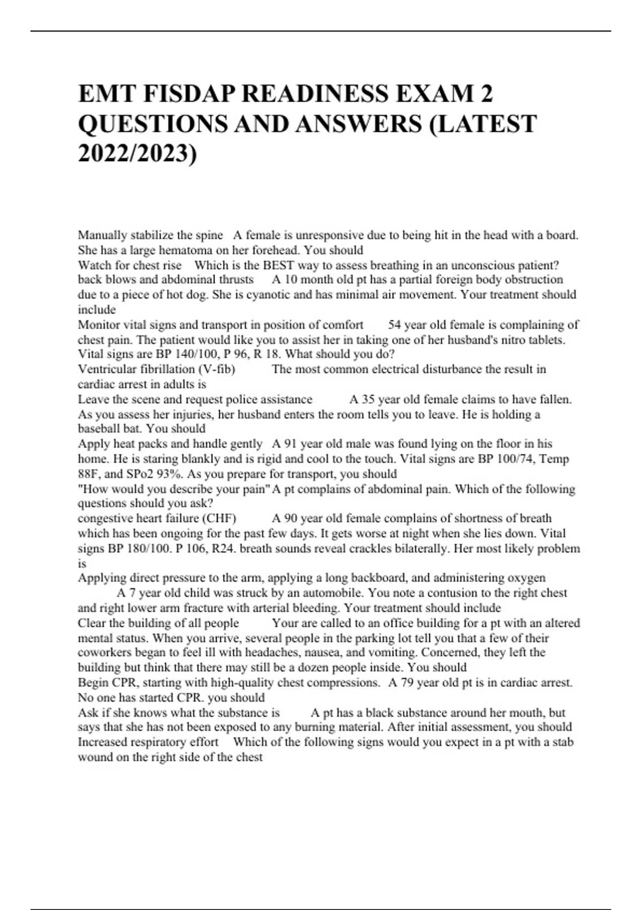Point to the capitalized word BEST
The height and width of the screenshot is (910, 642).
pyautogui.click(x=278, y=265)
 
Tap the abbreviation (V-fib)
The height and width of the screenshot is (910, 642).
pyautogui.click(x=216, y=369)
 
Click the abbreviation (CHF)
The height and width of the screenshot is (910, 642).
pyautogui.click(x=219, y=518)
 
